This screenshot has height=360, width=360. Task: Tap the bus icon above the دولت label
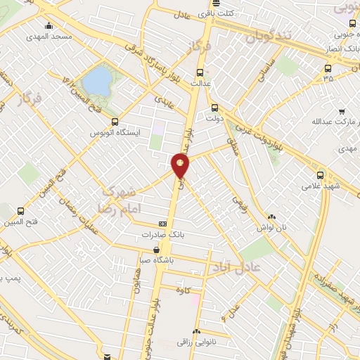click(215, 108)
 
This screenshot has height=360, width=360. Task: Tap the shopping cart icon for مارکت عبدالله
click(342, 111)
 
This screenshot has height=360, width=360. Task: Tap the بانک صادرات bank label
click(146, 235)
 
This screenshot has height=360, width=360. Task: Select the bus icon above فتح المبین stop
click(20, 210)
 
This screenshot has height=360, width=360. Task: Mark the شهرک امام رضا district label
click(127, 200)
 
